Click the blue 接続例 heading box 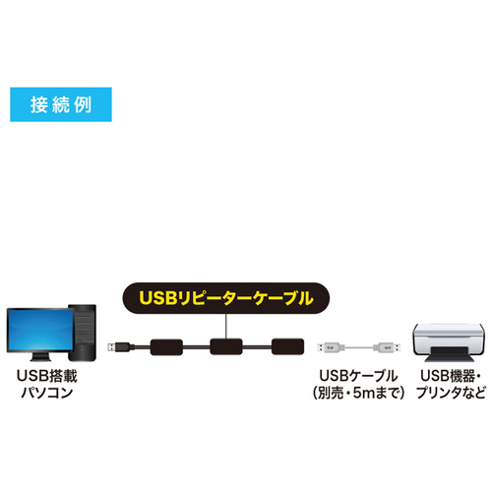tap(61, 104)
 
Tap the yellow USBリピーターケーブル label tap(226, 298)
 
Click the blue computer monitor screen tap(40, 330)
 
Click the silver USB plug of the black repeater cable tap(112, 347)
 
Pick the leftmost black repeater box tap(166, 347)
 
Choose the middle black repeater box tap(226, 346)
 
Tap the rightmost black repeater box tap(287, 346)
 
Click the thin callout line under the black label tap(226, 326)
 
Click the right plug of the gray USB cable tap(387, 347)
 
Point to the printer tap(449, 342)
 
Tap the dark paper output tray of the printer tap(450, 355)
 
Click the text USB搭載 tap(47, 376)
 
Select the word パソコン tap(47, 393)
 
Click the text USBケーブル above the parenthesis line tap(358, 376)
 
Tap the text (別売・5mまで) tap(358, 393)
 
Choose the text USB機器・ tap(451, 376)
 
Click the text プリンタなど tap(451, 393)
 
